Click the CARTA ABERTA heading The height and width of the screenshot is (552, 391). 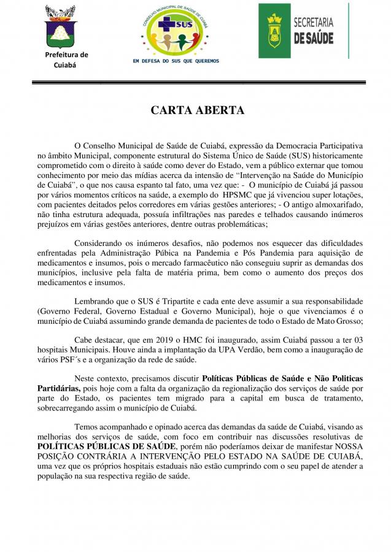point(197,111)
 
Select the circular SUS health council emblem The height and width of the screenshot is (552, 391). point(175,29)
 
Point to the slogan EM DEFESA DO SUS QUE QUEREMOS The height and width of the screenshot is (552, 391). point(176,61)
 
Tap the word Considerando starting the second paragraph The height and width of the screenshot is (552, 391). point(98,243)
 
